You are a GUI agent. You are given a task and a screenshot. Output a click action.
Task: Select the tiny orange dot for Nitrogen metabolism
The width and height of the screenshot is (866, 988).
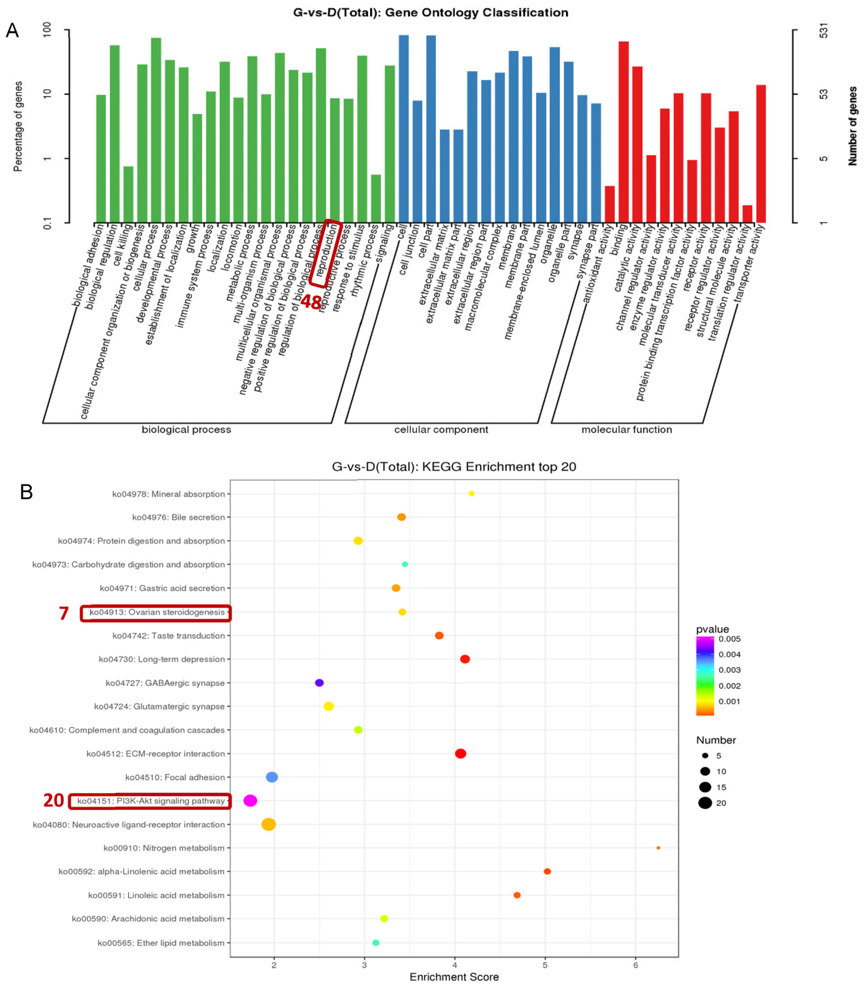[658, 848]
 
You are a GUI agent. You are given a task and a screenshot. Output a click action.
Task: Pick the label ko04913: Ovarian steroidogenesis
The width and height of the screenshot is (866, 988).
[157, 612]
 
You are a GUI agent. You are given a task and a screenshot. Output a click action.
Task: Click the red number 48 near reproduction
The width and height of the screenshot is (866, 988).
[311, 302]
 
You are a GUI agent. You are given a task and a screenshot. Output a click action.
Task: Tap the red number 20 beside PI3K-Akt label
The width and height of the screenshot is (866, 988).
[54, 800]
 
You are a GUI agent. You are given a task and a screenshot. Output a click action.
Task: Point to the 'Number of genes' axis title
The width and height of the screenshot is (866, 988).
[853, 126]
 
